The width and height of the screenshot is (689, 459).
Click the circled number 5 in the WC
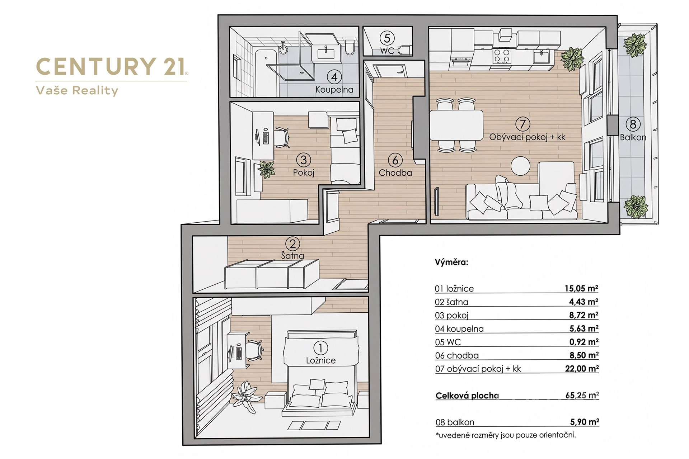387,38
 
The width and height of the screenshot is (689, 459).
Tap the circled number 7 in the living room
522,124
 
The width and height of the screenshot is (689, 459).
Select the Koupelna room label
334,89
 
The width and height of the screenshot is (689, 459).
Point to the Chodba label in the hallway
395,172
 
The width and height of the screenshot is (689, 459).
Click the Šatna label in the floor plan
292,256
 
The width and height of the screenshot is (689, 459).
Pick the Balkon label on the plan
633,137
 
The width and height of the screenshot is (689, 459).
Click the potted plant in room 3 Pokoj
267,169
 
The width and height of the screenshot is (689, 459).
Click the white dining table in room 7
456,126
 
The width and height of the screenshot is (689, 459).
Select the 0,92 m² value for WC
584,342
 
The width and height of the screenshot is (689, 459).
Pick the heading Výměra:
451,262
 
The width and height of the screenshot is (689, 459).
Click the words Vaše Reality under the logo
77,90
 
